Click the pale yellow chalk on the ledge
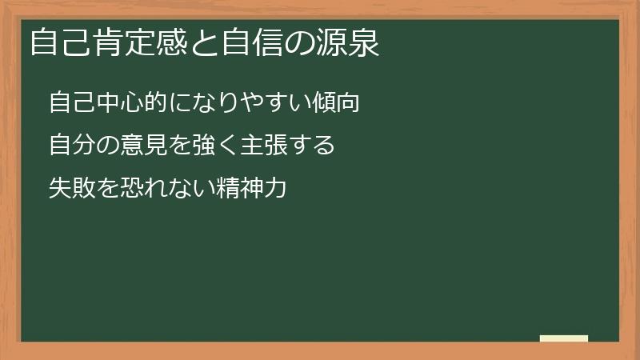coord(564,338)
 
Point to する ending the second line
coord(308,146)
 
